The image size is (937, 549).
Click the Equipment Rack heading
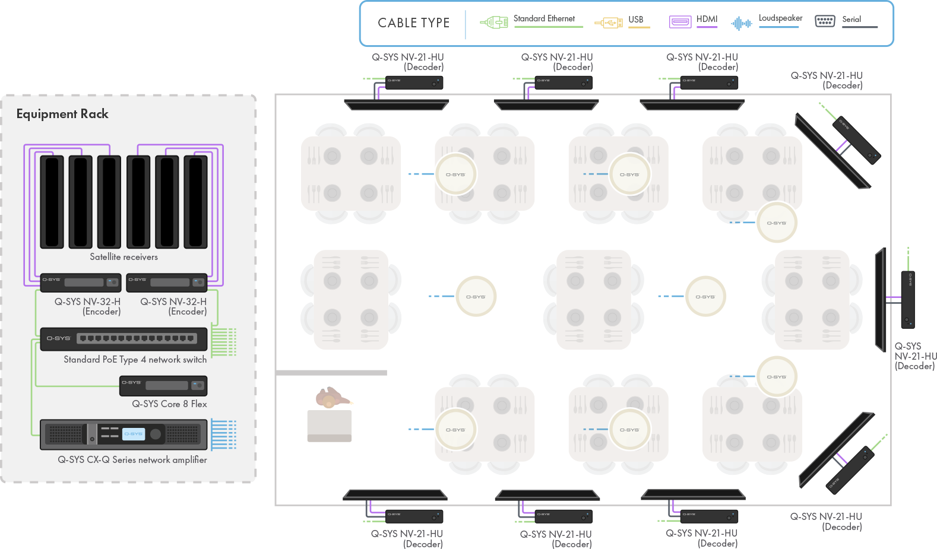click(x=62, y=114)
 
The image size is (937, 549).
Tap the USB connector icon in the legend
click(x=608, y=23)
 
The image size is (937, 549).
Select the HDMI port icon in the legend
click(x=680, y=23)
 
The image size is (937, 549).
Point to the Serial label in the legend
click(x=851, y=20)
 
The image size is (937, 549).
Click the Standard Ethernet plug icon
click(x=494, y=23)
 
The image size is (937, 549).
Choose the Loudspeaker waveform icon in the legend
click(x=741, y=23)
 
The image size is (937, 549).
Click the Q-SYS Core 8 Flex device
click(x=163, y=386)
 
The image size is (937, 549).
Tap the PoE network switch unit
click(x=124, y=339)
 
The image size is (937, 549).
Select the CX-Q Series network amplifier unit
click(x=124, y=434)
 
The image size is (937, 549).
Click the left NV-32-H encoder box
click(x=81, y=283)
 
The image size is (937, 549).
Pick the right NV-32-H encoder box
click(x=167, y=283)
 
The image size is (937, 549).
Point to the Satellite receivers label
click(x=124, y=257)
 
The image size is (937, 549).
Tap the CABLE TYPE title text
click(x=413, y=23)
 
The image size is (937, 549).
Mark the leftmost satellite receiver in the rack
click(x=52, y=202)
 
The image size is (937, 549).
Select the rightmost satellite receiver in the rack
click(x=195, y=202)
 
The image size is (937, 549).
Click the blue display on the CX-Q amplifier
click(x=133, y=434)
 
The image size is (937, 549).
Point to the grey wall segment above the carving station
click(x=331, y=373)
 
